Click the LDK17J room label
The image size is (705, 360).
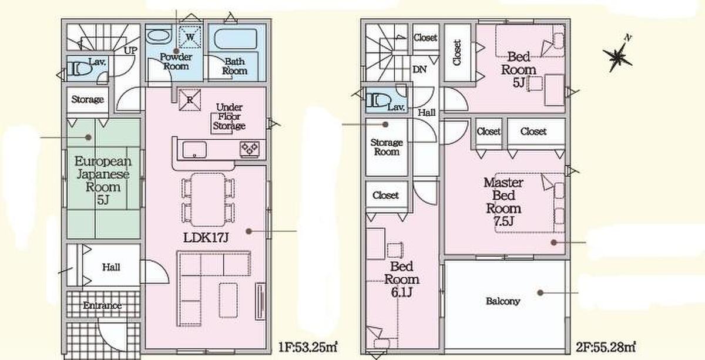click(206, 238)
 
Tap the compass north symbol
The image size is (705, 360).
click(618, 55)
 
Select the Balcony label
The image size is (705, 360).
click(503, 301)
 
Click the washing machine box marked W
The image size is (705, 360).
click(190, 37)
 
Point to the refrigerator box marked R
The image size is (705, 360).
click(190, 100)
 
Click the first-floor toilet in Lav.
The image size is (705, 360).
click(79, 69)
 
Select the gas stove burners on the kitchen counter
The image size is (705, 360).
click(250, 149)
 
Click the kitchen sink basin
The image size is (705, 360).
click(194, 150)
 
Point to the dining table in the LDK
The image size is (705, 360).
click(208, 200)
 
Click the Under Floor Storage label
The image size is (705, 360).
click(229, 116)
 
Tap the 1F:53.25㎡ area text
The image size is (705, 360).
click(308, 347)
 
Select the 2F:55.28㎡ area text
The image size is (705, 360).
click(606, 347)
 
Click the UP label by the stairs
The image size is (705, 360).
click(130, 51)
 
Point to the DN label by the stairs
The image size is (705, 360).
click(419, 69)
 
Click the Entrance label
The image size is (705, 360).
click(102, 305)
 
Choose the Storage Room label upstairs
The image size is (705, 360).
click(387, 147)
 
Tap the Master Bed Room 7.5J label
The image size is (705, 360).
click(503, 201)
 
